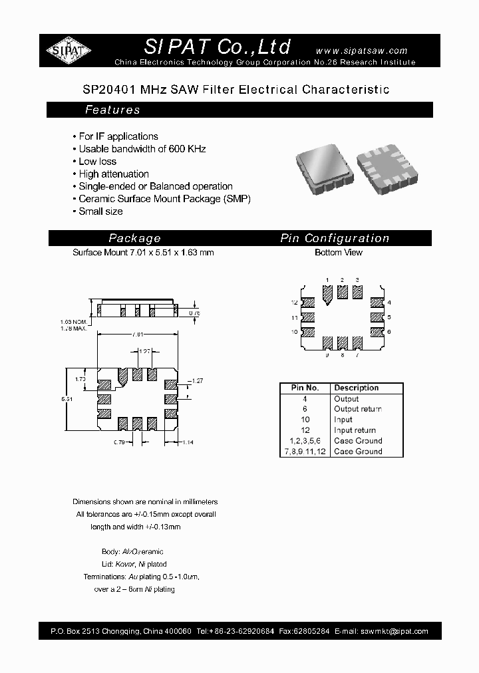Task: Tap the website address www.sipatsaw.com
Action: click(x=361, y=51)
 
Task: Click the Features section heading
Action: click(x=112, y=110)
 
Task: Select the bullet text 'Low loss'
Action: click(x=97, y=162)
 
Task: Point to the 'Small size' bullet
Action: click(x=100, y=211)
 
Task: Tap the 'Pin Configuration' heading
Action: click(x=335, y=238)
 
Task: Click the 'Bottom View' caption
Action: click(x=339, y=253)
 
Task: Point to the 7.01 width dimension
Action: click(x=137, y=334)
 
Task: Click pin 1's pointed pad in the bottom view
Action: click(x=327, y=293)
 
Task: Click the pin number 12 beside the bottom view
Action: click(x=293, y=303)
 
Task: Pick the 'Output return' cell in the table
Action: click(x=357, y=409)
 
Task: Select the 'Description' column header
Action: click(x=356, y=388)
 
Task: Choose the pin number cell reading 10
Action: click(x=305, y=420)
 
